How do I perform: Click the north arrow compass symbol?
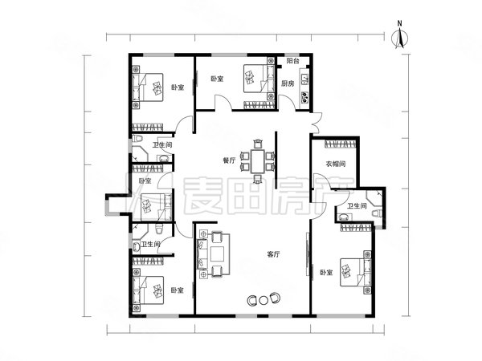(x=399, y=38)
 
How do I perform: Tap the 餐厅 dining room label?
(x=229, y=160)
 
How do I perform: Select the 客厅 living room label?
(x=273, y=254)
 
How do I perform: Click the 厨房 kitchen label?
(x=288, y=83)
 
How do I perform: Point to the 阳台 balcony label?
(x=292, y=61)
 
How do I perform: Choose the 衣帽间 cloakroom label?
(x=335, y=164)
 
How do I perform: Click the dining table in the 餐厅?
(x=257, y=161)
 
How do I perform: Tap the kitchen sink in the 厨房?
(x=305, y=79)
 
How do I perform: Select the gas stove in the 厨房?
(x=305, y=97)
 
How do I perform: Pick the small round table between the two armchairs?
(x=263, y=300)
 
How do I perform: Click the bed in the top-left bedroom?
(x=148, y=87)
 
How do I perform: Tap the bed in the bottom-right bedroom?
(x=355, y=272)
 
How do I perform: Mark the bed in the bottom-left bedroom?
(x=148, y=290)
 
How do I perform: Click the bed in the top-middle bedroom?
(x=259, y=79)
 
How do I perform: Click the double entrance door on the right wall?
(x=316, y=123)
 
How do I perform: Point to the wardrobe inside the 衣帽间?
(x=341, y=144)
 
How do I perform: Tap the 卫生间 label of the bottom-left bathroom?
(x=151, y=245)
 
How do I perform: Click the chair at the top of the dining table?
(x=257, y=144)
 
